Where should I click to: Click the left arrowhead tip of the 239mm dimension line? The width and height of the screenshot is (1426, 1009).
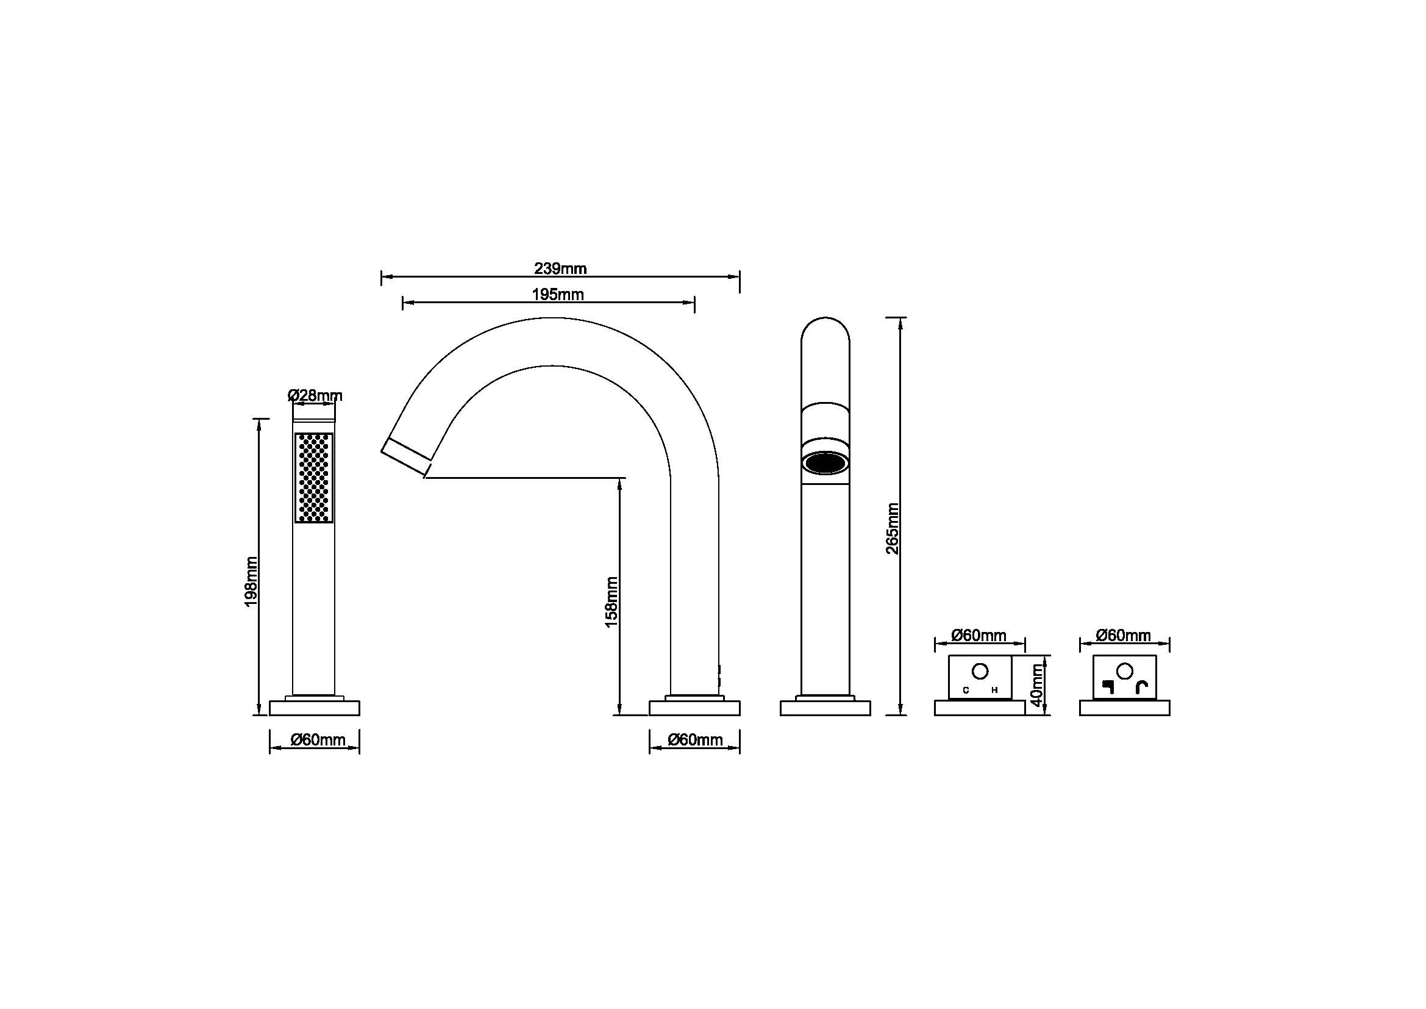(381, 277)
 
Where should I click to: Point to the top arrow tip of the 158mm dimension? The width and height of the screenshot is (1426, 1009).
(620, 478)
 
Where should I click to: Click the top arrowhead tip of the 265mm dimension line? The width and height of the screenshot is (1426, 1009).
(900, 317)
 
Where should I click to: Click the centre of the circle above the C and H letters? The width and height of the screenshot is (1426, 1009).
(980, 672)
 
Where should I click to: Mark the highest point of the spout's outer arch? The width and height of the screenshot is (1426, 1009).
(551, 318)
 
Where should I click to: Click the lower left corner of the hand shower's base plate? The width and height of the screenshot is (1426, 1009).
(269, 715)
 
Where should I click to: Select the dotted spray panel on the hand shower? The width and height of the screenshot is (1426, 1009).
(313, 478)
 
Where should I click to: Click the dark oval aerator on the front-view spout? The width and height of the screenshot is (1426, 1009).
(825, 463)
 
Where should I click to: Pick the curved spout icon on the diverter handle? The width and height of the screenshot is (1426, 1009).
(1142, 686)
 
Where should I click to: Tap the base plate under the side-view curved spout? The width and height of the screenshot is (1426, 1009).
(694, 708)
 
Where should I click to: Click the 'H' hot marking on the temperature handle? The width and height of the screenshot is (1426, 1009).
(994, 690)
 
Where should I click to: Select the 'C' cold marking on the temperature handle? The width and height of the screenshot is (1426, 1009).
(966, 690)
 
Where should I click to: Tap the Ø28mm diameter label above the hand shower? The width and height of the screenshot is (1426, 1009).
(315, 395)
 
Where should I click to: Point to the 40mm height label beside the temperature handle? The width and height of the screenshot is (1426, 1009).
(1035, 684)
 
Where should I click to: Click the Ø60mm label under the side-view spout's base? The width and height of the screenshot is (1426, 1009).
(695, 739)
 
